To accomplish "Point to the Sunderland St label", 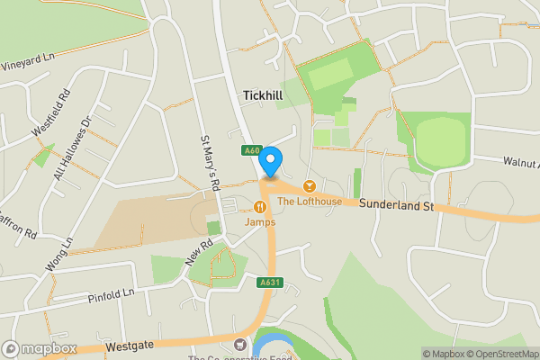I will (x=397, y=206).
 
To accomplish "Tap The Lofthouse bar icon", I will (x=310, y=185).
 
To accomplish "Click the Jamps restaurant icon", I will (x=269, y=205).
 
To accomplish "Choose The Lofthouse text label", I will (x=309, y=201).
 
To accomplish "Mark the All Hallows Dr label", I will (x=75, y=148).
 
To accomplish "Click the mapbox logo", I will (x=40, y=349).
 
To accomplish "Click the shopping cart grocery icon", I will (x=239, y=344).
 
